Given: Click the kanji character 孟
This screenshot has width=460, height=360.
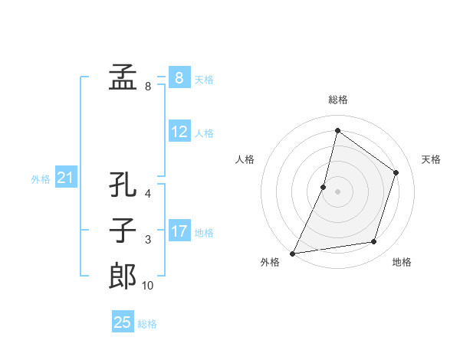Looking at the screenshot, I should [123, 78].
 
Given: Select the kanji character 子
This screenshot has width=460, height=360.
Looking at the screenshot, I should [123, 231].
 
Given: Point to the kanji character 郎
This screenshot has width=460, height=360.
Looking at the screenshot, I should [123, 276].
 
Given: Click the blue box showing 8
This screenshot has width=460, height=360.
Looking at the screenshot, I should [179, 78].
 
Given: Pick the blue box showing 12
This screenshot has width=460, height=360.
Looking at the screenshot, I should [179, 132].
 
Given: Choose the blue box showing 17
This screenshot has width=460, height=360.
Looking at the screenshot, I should [179, 231].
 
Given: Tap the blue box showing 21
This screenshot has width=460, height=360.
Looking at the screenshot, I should [65, 178].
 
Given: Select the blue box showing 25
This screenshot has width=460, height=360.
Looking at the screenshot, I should [123, 322].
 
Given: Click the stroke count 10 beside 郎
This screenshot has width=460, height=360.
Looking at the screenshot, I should [147, 286].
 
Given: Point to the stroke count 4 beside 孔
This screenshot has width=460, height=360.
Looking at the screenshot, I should [148, 195].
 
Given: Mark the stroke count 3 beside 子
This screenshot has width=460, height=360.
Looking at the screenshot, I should [148, 240].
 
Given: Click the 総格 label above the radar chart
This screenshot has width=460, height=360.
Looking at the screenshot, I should [337, 100].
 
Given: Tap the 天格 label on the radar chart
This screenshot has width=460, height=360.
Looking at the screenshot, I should [431, 159].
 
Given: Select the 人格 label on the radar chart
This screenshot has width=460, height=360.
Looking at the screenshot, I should [245, 159].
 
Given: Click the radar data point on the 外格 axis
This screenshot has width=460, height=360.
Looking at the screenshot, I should [292, 254].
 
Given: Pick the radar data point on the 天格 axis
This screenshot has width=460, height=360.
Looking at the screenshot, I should [396, 172].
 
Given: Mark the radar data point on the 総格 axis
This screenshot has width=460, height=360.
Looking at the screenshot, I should [337, 130].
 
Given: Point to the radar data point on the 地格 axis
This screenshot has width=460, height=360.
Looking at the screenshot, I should [374, 242].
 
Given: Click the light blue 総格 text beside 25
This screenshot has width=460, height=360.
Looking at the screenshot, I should [147, 323].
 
